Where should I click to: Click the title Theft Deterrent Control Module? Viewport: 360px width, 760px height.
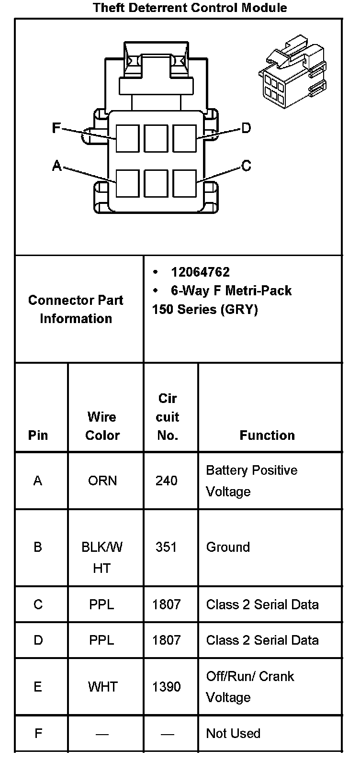click(x=190, y=8)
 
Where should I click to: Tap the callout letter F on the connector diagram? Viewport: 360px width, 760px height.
click(x=56, y=128)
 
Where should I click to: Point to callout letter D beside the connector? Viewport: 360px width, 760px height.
click(x=246, y=128)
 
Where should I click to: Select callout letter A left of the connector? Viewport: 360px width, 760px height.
click(x=57, y=166)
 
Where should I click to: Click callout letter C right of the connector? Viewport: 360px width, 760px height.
click(x=246, y=166)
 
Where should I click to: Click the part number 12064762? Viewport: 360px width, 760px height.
click(x=200, y=272)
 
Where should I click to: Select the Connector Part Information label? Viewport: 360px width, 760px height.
click(x=76, y=309)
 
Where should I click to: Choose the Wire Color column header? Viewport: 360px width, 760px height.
click(x=102, y=426)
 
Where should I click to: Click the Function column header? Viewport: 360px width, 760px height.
click(x=267, y=435)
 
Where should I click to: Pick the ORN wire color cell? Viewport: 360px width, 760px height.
click(x=102, y=481)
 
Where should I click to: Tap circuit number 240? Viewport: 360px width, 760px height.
click(x=166, y=481)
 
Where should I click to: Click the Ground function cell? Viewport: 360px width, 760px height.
click(x=228, y=547)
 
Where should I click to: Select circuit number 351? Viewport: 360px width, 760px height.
click(x=166, y=547)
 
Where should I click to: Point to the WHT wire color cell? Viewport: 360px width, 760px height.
click(x=102, y=687)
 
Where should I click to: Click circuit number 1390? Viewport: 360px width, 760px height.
click(x=167, y=687)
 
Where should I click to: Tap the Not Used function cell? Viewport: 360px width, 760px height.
click(x=233, y=733)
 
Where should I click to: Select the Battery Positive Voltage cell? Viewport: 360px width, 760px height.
click(x=251, y=481)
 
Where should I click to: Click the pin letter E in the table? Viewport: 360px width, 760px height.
click(x=38, y=687)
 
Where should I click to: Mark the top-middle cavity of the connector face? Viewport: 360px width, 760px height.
click(x=156, y=138)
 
